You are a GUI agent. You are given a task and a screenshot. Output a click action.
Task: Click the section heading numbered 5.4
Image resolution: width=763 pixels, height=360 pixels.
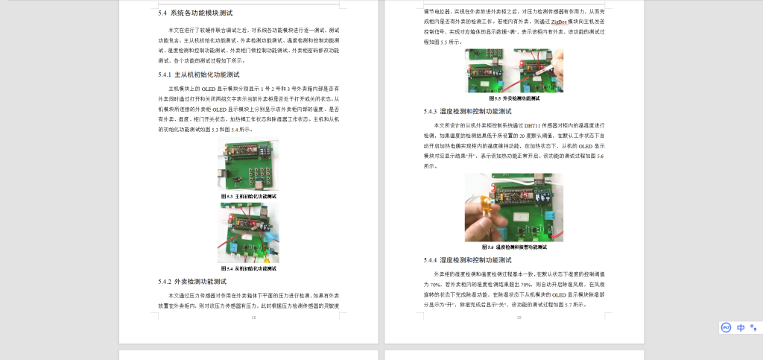[x=195, y=13]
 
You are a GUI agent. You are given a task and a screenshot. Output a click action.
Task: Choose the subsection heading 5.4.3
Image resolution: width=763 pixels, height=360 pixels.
[x=467, y=111]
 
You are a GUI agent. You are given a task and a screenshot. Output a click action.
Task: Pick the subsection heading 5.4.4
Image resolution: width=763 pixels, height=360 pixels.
[x=467, y=260]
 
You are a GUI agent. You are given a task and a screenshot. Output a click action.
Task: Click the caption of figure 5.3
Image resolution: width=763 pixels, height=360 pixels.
[x=248, y=196]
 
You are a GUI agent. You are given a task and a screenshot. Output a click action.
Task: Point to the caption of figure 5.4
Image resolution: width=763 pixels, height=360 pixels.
[x=248, y=268]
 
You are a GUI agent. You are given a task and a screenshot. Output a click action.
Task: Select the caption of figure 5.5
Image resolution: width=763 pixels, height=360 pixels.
[x=514, y=98]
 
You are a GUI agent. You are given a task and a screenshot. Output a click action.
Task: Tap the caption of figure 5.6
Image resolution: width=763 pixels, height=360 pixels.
[x=514, y=247]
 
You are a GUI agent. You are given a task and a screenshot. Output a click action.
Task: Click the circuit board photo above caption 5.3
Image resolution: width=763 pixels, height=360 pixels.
[x=248, y=165]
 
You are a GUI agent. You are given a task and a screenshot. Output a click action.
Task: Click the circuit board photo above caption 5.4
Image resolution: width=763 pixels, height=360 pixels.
[x=248, y=233]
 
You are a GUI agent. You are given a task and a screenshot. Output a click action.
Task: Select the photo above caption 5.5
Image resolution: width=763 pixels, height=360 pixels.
[x=514, y=71]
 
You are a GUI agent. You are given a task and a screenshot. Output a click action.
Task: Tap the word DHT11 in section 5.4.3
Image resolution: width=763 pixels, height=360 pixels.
[x=535, y=125]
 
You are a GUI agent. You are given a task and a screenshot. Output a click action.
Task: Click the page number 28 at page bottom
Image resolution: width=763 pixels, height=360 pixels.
[x=253, y=318]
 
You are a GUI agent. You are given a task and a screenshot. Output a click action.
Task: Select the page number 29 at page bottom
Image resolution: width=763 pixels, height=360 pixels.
[x=519, y=318]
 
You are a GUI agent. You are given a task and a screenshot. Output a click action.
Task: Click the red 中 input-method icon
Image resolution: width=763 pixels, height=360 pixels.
[x=741, y=327]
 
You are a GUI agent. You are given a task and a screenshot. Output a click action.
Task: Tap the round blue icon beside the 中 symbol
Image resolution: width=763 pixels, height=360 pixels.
[x=726, y=327]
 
